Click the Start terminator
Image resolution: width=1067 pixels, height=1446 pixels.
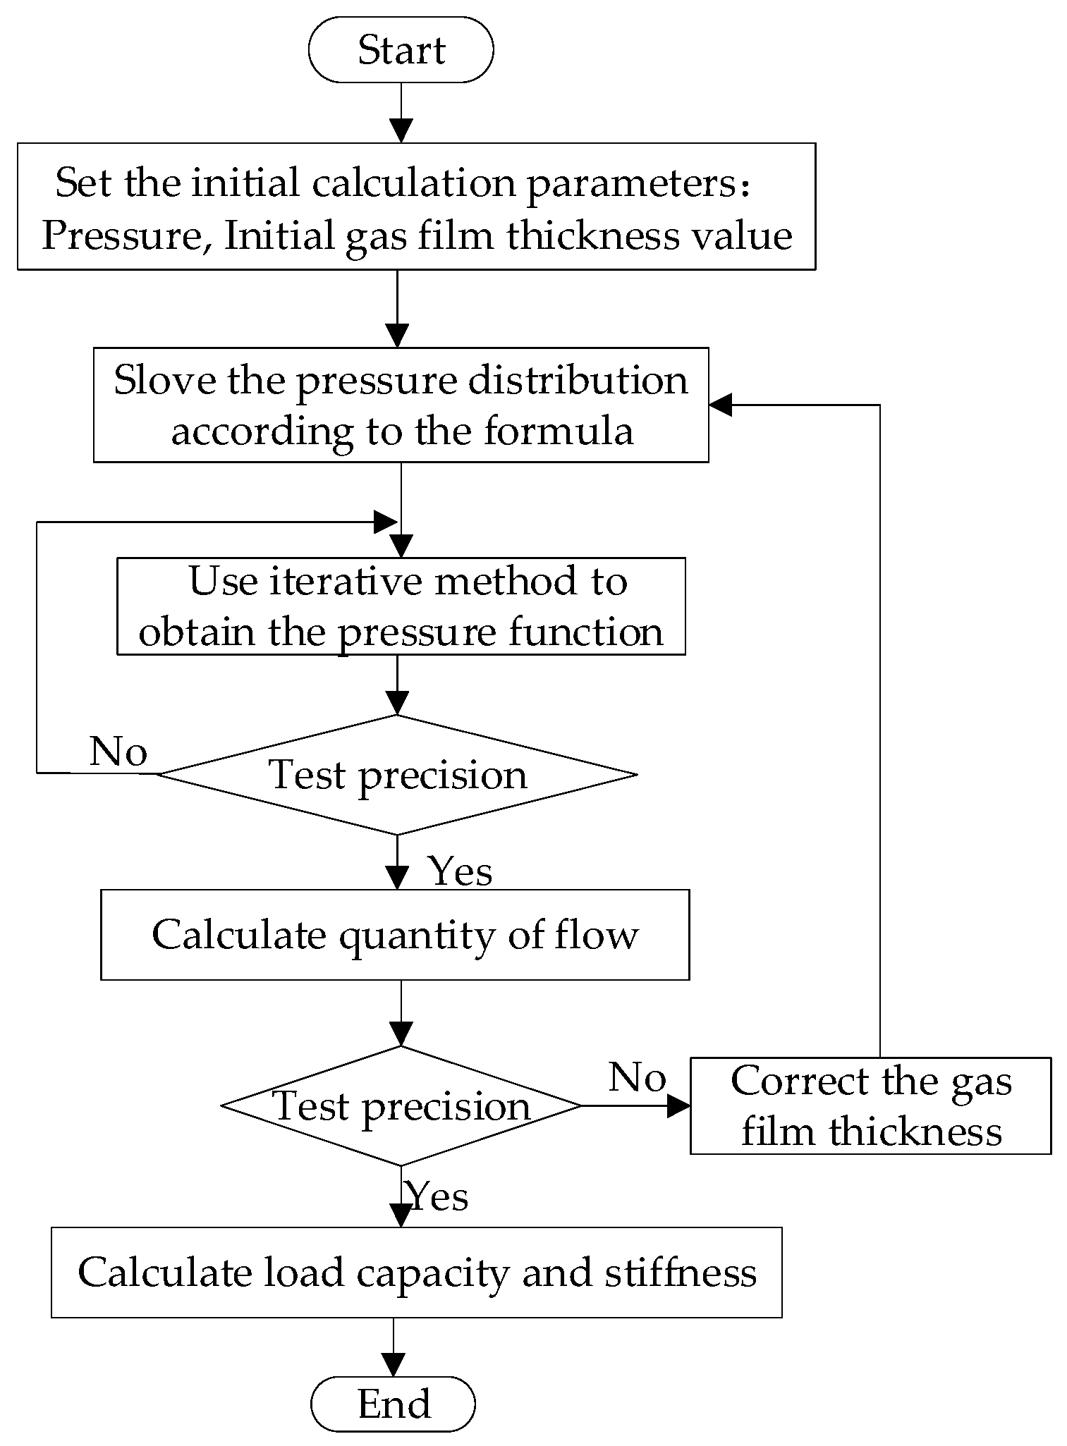click(401, 50)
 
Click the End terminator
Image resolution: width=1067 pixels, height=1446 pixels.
click(393, 1403)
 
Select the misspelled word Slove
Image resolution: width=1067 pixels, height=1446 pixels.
click(164, 381)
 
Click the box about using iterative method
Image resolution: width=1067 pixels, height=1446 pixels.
click(401, 606)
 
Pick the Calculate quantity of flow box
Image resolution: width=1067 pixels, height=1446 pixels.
click(395, 934)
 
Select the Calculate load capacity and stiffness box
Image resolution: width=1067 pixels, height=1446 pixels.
click(416, 1273)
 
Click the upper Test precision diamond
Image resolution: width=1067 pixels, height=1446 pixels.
click(397, 775)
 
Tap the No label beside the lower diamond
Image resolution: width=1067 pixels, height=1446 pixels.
click(637, 1077)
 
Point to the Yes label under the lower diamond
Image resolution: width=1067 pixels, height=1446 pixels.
click(437, 1196)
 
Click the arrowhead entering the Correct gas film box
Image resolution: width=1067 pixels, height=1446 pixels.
click(678, 1105)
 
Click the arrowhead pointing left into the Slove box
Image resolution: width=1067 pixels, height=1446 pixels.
click(721, 405)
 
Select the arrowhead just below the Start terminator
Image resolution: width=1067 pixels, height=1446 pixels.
click(401, 131)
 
